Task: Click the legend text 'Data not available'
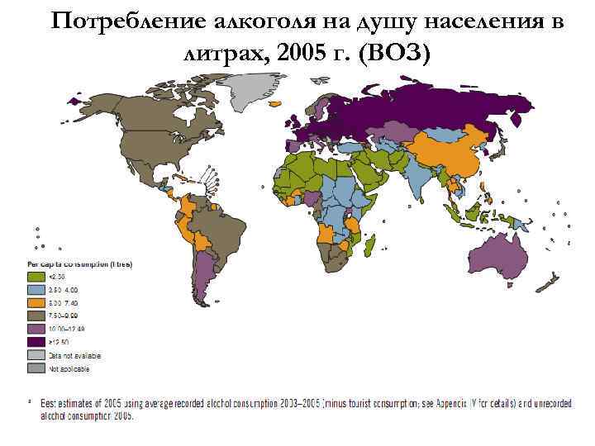pyautogui.click(x=75, y=354)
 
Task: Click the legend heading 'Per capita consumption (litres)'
pyautogui.click(x=81, y=263)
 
